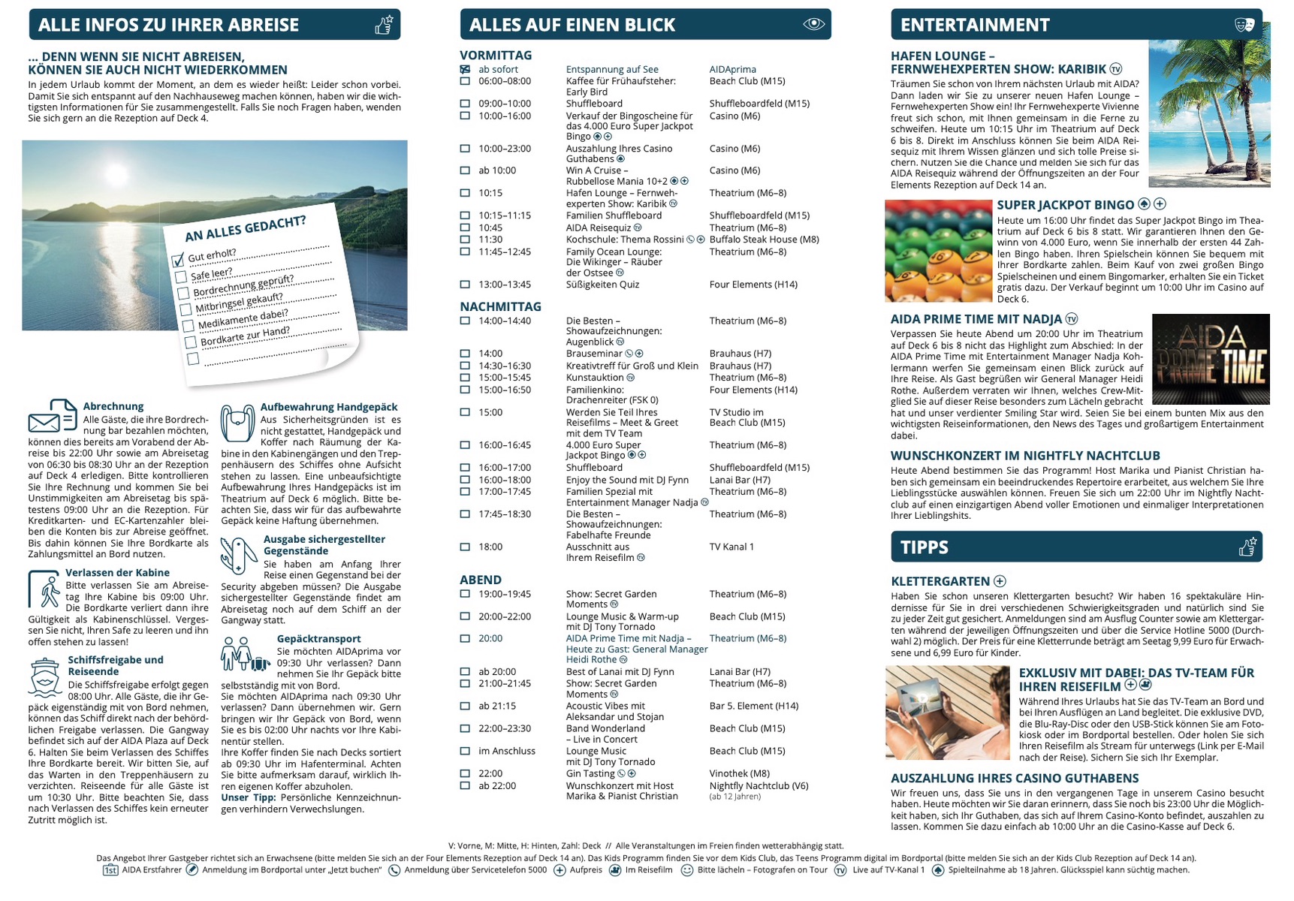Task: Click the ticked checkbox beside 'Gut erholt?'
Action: (178, 261)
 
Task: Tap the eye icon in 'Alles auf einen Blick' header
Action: (813, 24)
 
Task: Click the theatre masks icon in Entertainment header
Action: (1244, 25)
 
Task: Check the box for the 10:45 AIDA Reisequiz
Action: (465, 228)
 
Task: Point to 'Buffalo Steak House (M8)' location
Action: (764, 240)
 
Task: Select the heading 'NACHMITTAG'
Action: (500, 306)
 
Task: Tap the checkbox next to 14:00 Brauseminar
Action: (465, 354)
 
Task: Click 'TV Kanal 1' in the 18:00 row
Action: (731, 547)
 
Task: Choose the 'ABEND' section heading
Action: (481, 580)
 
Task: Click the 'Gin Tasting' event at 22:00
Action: (590, 773)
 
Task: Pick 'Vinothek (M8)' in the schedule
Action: (739, 773)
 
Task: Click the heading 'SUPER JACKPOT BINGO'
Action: (1065, 205)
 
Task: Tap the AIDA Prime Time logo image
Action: (1210, 359)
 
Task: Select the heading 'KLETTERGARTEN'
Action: (940, 581)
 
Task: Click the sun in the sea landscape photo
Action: (116, 175)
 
